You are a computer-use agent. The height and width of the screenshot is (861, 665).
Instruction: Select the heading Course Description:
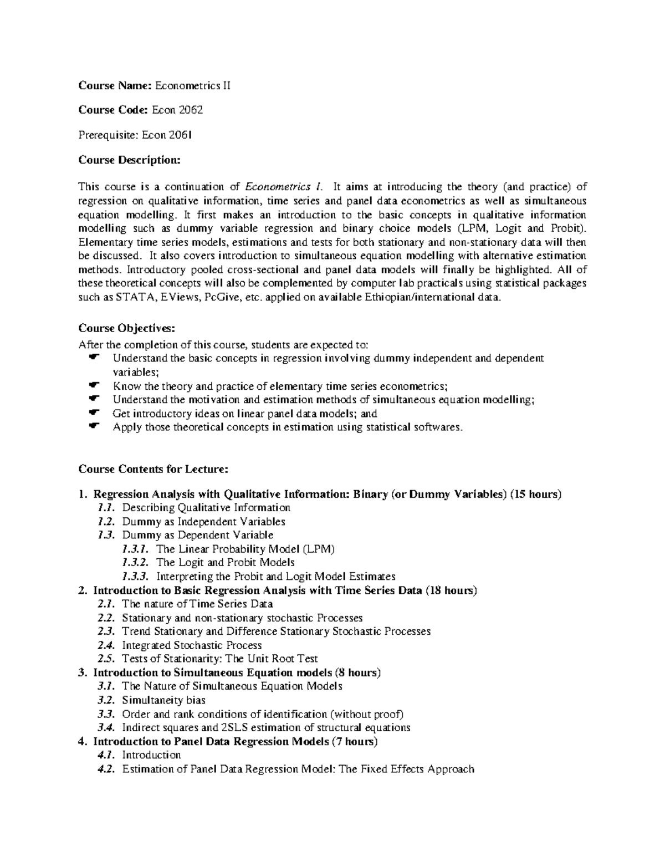[x=129, y=160]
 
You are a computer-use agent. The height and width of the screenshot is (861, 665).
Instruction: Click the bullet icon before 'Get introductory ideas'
[x=93, y=413]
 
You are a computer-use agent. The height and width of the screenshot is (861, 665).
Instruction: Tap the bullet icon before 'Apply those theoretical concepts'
[x=93, y=426]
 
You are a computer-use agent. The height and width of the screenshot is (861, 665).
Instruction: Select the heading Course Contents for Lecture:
[x=153, y=469]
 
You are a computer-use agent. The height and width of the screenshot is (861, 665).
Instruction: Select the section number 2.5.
[x=105, y=659]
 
